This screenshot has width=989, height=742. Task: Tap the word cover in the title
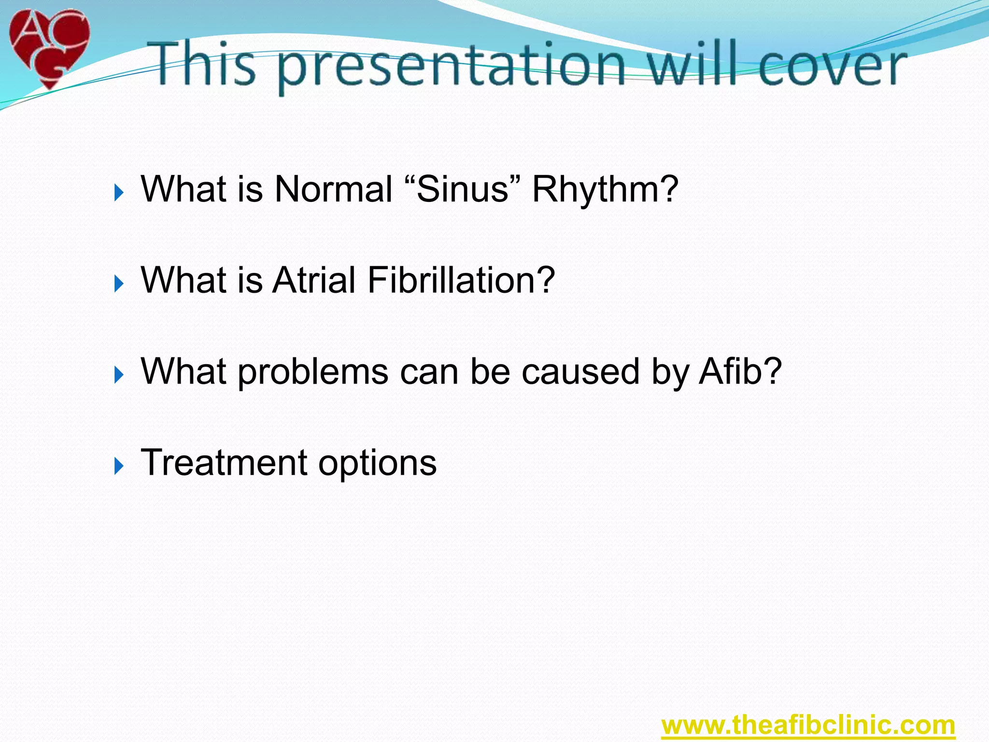click(x=832, y=65)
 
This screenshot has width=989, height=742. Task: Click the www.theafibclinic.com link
click(x=808, y=725)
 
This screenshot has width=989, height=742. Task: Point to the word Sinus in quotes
click(x=462, y=189)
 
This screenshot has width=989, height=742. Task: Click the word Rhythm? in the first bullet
click(x=605, y=189)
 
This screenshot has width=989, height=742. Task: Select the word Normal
click(x=333, y=189)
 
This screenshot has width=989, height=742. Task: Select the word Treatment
click(x=224, y=463)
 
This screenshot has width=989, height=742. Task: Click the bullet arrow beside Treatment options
click(x=119, y=467)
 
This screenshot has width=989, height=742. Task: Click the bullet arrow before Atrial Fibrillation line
click(x=119, y=284)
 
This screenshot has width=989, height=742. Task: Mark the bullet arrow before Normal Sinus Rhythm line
click(x=119, y=193)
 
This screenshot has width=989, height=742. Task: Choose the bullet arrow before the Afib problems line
click(x=119, y=375)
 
